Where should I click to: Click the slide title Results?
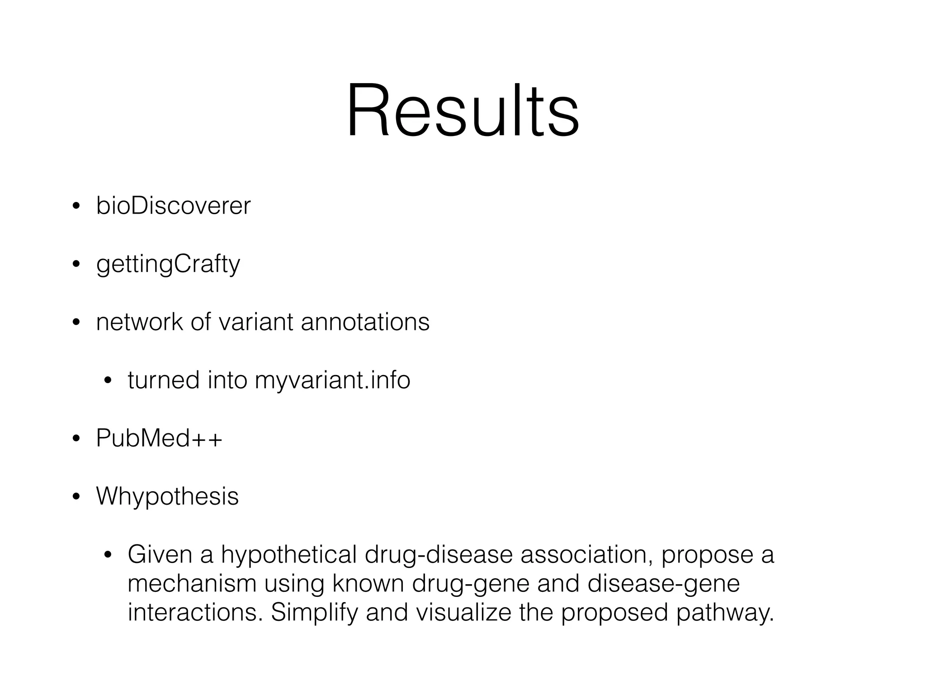pyautogui.click(x=463, y=111)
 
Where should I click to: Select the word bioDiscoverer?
pyautogui.click(x=173, y=206)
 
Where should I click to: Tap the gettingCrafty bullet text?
pyautogui.click(x=168, y=264)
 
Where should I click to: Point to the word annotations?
pyautogui.click(x=365, y=322)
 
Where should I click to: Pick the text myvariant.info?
pyautogui.click(x=332, y=380)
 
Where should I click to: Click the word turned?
pyautogui.click(x=163, y=380)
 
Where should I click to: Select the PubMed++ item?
pyautogui.click(x=159, y=438)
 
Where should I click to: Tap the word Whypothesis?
pyautogui.click(x=167, y=497)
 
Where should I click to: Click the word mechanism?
pyautogui.click(x=192, y=584)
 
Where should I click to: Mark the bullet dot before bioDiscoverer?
pyautogui.click(x=76, y=207)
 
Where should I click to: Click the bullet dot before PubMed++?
pyautogui.click(x=76, y=439)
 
